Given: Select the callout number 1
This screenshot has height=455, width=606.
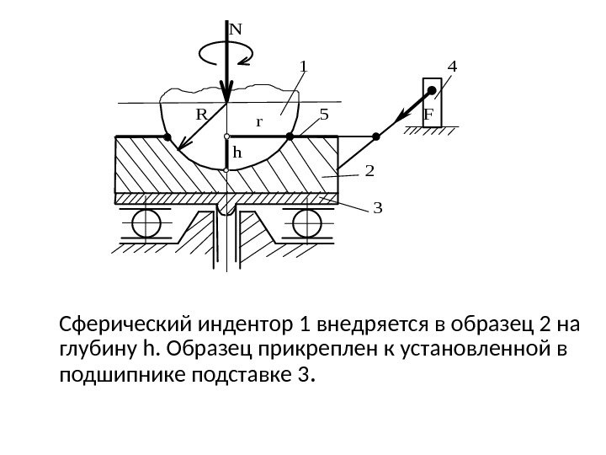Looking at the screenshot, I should tap(305, 65).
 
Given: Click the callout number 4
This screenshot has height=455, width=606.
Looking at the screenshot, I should tap(453, 65).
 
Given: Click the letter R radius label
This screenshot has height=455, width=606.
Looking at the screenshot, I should tap(202, 111).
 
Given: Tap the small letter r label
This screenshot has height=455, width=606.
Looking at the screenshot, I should tap(259, 121).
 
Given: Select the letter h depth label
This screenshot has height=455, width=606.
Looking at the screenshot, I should tap(237, 153).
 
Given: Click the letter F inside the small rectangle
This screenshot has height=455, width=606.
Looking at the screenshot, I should tap(428, 113).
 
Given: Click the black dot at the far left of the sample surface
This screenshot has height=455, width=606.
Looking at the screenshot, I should tap(167, 136).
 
